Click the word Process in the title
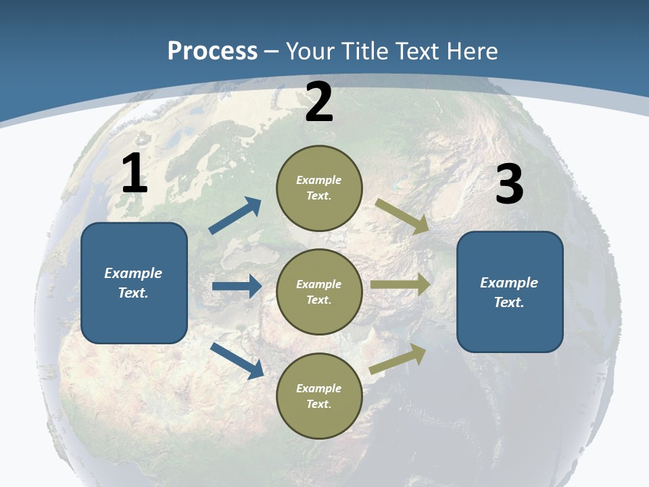point(212,51)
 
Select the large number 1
point(135,174)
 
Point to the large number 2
point(319,102)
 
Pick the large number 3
point(510,185)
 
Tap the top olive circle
point(319,188)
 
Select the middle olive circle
point(319,292)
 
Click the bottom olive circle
point(319,396)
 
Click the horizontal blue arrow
point(237,286)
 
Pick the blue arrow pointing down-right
point(237,361)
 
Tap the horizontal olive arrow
point(400,285)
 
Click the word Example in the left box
point(133,273)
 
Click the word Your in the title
point(308,51)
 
